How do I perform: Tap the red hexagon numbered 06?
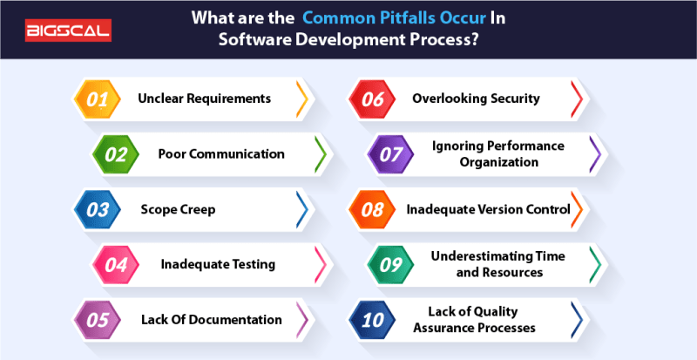point(374,99)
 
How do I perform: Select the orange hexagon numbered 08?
point(374,209)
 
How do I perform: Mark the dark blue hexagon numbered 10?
point(374,319)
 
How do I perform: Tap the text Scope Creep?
point(178,209)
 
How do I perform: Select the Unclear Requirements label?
point(204,99)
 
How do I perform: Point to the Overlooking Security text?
point(476,99)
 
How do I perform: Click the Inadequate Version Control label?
point(488,209)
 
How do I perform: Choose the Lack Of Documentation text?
point(212,319)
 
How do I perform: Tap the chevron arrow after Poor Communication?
point(320,154)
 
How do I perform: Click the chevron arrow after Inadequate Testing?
point(320,264)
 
